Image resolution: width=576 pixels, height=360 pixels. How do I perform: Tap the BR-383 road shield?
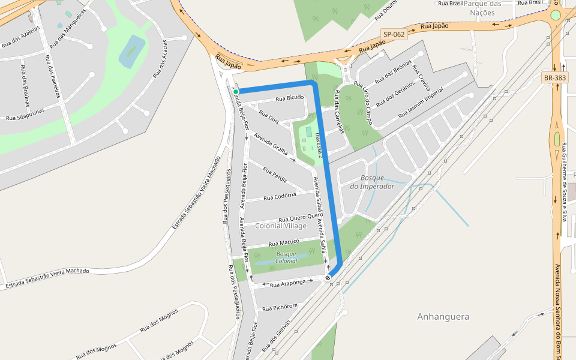(x=554, y=78)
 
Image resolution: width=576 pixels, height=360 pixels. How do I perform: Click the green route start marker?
(x=236, y=92)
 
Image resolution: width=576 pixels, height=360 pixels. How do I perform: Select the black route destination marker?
(x=328, y=278)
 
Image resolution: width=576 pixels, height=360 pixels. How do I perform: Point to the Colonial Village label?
(x=281, y=226)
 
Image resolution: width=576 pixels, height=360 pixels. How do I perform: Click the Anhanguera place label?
(x=443, y=316)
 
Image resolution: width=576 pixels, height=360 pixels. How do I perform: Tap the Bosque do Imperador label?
(x=373, y=182)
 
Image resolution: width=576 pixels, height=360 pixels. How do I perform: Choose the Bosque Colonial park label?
(x=286, y=257)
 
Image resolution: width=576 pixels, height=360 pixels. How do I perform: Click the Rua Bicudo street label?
(x=290, y=98)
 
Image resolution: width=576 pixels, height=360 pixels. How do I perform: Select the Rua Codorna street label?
(x=280, y=196)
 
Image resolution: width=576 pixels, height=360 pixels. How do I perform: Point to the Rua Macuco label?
(x=284, y=243)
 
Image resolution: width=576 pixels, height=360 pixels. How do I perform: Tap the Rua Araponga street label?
(x=288, y=282)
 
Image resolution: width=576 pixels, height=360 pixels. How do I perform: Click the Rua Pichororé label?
(x=280, y=307)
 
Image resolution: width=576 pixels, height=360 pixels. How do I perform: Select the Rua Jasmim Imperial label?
(x=421, y=103)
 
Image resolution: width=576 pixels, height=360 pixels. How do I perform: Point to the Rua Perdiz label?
(x=275, y=174)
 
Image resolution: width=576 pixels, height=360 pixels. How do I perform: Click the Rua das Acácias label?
(x=158, y=63)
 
